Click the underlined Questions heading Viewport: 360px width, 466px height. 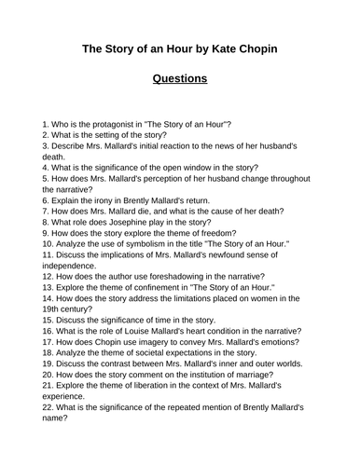(180, 79)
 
